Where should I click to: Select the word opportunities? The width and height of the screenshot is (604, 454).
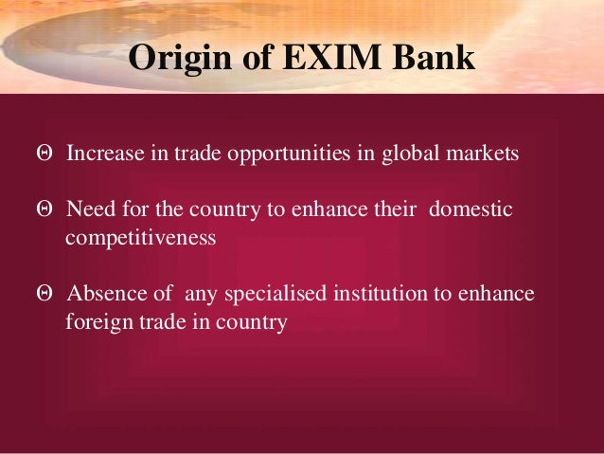(x=273, y=154)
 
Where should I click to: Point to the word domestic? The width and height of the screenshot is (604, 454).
(x=471, y=209)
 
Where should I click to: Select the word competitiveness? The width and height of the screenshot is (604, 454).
(x=141, y=237)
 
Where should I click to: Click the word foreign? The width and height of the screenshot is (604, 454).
(x=96, y=321)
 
